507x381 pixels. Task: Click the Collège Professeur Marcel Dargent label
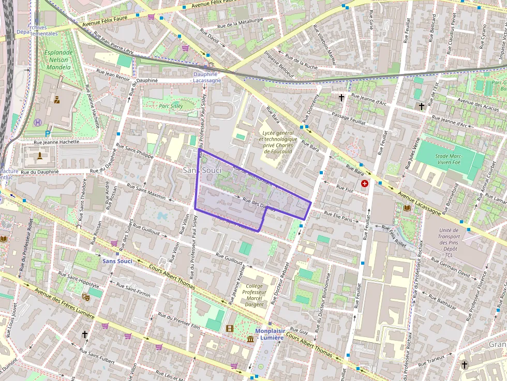(254, 295)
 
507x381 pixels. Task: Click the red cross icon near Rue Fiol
(366, 184)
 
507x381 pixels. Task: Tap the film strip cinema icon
(230, 328)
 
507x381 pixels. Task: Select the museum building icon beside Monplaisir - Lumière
(250, 339)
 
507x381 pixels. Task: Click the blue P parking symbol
(48, 133)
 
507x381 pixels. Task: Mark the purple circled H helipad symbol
(38, 123)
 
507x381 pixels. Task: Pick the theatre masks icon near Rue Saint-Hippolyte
(85, 297)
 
